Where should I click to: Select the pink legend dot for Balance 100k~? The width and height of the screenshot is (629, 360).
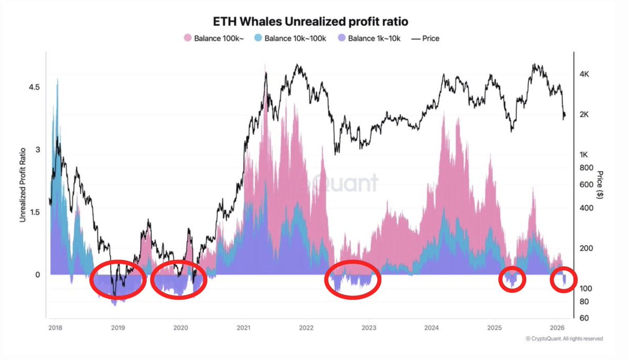[x=187, y=38]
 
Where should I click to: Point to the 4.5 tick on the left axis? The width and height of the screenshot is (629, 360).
[x=34, y=87]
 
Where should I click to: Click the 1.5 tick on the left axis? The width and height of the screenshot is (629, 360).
[x=34, y=212]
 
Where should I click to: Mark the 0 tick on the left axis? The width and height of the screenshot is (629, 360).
[x=37, y=275]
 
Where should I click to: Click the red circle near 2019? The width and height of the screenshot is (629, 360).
[x=117, y=279]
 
